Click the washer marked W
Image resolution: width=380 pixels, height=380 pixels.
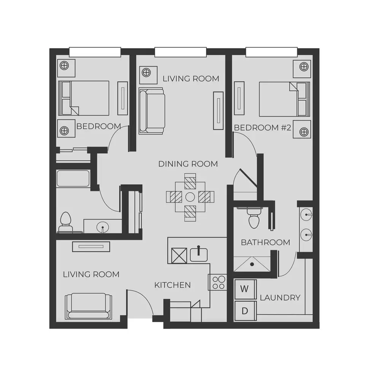(245, 289)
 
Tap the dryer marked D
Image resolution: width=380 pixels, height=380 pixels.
(245, 311)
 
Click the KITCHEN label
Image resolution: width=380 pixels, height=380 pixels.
(173, 285)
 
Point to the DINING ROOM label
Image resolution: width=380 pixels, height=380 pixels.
(188, 164)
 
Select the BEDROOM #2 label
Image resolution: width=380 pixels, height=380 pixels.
(263, 127)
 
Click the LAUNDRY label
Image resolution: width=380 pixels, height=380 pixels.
(280, 298)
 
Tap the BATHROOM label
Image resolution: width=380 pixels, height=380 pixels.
(266, 242)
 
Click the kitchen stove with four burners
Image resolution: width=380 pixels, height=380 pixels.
(218, 282)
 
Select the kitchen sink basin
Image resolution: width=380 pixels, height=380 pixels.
(199, 255)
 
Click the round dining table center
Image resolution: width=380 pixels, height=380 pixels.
(190, 197)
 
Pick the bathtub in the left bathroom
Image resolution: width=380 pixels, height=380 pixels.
(73, 178)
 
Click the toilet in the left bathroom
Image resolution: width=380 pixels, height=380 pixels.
(65, 222)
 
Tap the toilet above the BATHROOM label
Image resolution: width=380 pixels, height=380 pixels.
(253, 218)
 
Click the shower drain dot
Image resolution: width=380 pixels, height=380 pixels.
(252, 264)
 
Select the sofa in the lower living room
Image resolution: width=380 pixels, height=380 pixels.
(89, 306)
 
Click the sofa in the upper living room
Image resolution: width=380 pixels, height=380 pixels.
(152, 111)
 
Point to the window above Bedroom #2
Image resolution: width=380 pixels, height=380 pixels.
(272, 52)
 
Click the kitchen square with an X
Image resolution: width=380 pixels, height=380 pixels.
(179, 256)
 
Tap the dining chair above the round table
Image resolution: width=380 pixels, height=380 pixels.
(190, 181)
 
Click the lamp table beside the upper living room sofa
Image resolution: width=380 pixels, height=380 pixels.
(148, 75)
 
